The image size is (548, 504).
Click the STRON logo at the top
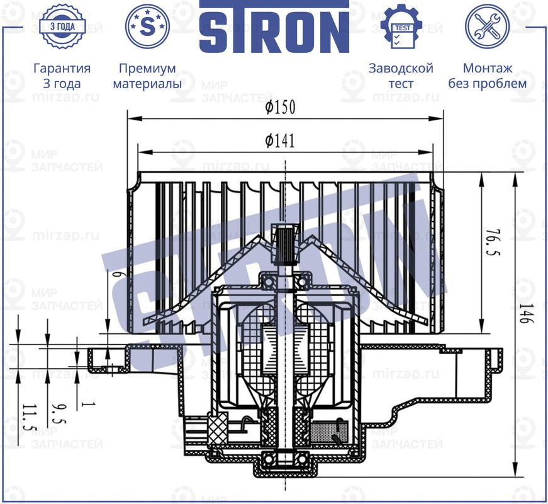click(274, 29)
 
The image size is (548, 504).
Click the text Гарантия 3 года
click(62, 76)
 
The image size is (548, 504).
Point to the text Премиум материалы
click(147, 76)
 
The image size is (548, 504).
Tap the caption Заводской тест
click(401, 76)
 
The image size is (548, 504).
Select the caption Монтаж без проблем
click(487, 76)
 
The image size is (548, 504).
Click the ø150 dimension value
click(280, 108)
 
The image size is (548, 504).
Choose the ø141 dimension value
click(280, 141)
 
